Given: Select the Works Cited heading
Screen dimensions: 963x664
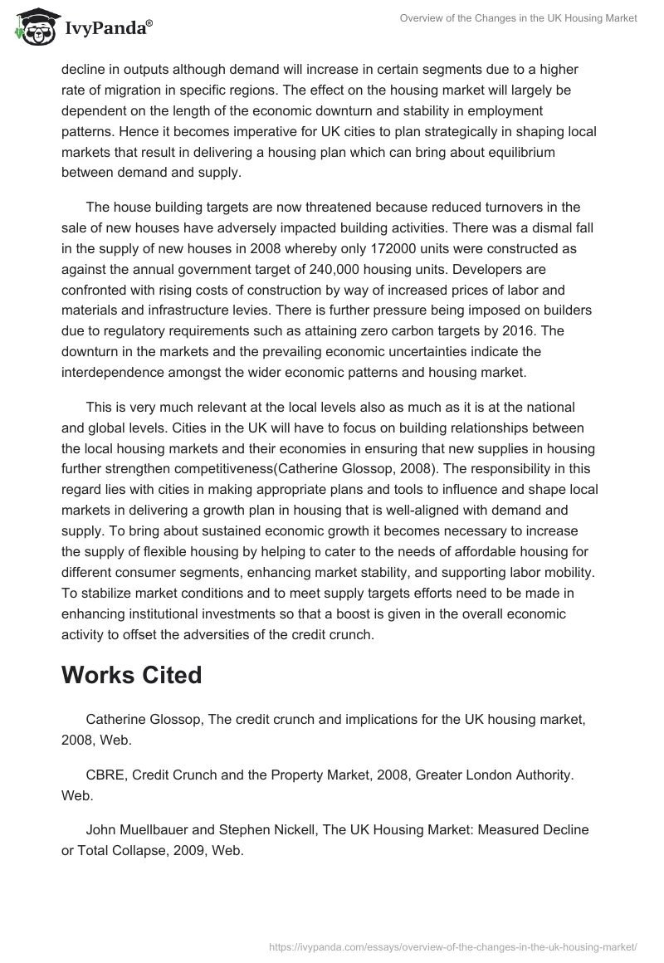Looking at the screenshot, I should tap(131, 675).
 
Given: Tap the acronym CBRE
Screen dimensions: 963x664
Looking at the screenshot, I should tap(105, 774).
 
